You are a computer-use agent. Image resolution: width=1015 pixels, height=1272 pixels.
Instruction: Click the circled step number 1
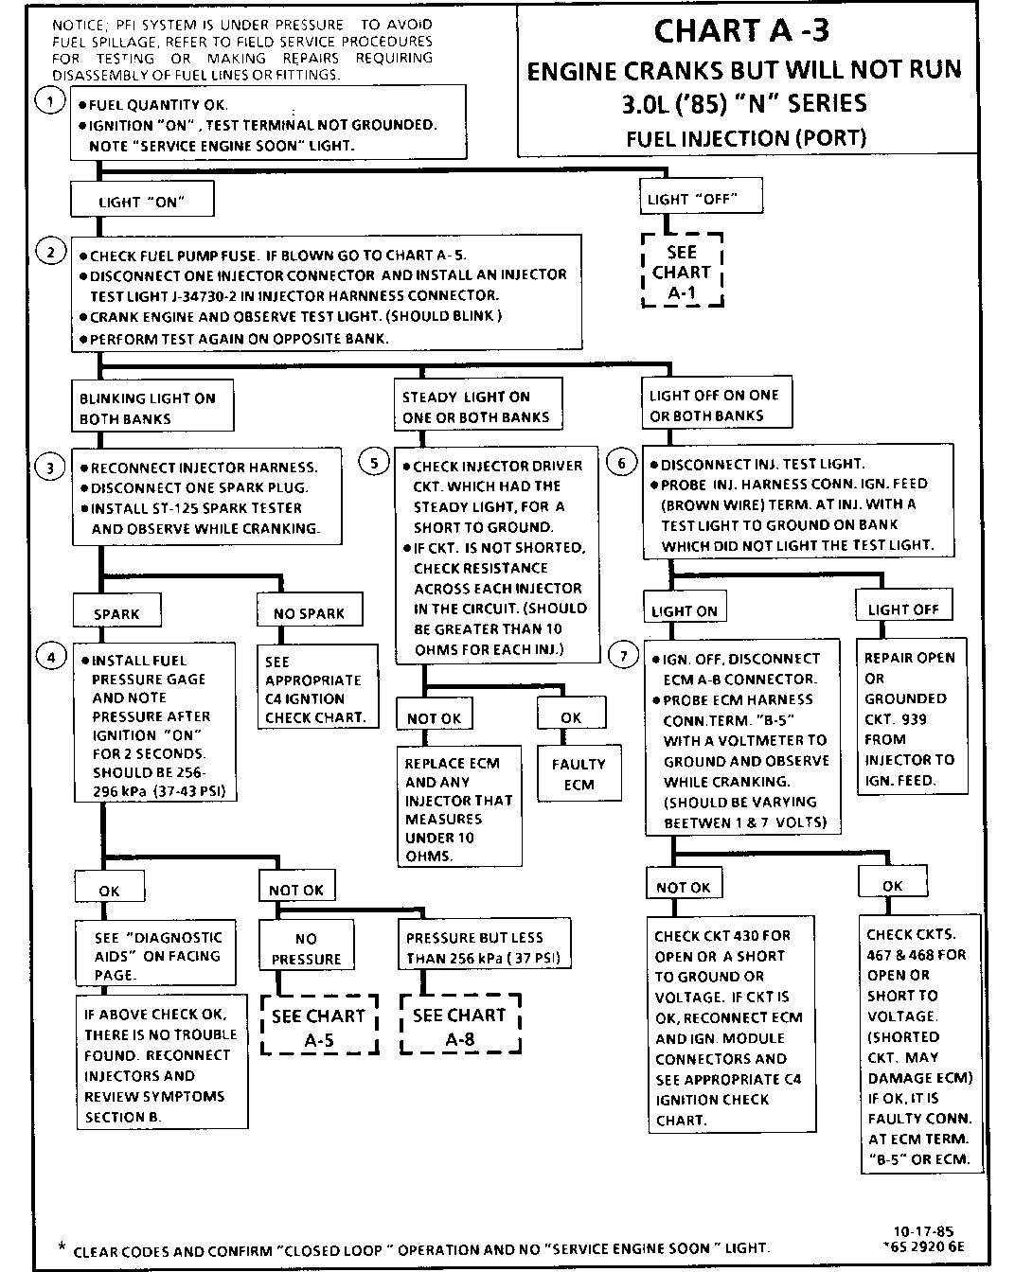click(49, 99)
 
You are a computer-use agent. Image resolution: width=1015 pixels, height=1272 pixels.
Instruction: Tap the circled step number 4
click(50, 655)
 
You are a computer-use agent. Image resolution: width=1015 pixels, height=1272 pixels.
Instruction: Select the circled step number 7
click(622, 655)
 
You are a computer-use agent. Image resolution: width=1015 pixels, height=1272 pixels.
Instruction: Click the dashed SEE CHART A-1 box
click(682, 272)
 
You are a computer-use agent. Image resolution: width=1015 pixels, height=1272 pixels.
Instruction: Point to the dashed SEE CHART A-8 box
click(460, 1025)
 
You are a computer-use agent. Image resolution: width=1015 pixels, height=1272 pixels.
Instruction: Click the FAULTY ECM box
click(579, 774)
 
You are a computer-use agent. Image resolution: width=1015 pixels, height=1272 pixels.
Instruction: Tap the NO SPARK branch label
click(309, 613)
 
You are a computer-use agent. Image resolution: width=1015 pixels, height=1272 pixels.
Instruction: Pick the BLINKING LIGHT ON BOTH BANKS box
click(151, 408)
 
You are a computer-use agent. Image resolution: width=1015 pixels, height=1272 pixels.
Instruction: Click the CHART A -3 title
click(741, 31)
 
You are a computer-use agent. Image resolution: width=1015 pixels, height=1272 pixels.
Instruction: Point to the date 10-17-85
click(908, 1231)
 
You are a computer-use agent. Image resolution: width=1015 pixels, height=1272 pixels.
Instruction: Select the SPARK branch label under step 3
click(116, 613)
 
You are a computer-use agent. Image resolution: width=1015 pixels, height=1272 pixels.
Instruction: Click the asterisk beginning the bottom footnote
click(62, 1247)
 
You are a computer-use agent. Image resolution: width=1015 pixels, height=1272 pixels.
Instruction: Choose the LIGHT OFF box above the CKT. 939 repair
click(903, 609)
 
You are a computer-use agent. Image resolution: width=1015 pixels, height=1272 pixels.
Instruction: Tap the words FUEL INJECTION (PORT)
click(746, 138)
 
